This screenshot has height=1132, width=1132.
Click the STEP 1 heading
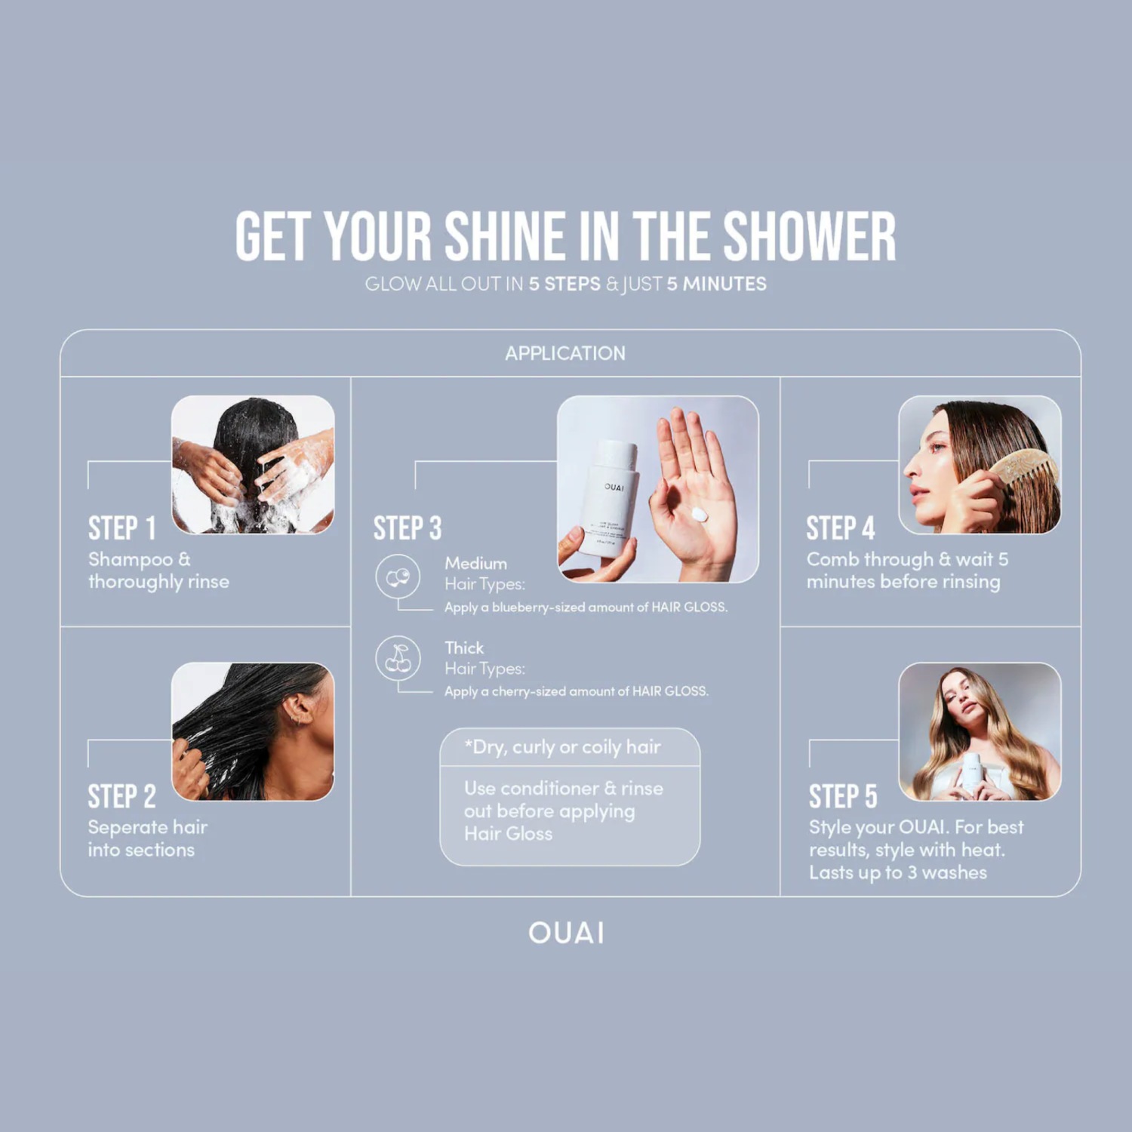(x=122, y=528)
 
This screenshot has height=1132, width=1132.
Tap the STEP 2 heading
(x=122, y=796)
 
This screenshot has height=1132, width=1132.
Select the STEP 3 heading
(x=408, y=528)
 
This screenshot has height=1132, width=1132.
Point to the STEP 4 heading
(x=841, y=528)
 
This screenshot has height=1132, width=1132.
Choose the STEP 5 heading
(x=843, y=796)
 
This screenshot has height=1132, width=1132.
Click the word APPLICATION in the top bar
(x=565, y=353)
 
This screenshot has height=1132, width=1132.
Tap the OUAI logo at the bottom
(x=566, y=933)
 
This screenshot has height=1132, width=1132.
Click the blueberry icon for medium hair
(x=398, y=577)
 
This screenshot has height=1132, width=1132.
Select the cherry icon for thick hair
(x=398, y=659)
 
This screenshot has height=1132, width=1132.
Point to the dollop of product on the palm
(x=700, y=515)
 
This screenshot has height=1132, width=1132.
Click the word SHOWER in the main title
(x=810, y=236)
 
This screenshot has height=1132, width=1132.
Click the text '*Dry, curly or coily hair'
(x=563, y=747)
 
